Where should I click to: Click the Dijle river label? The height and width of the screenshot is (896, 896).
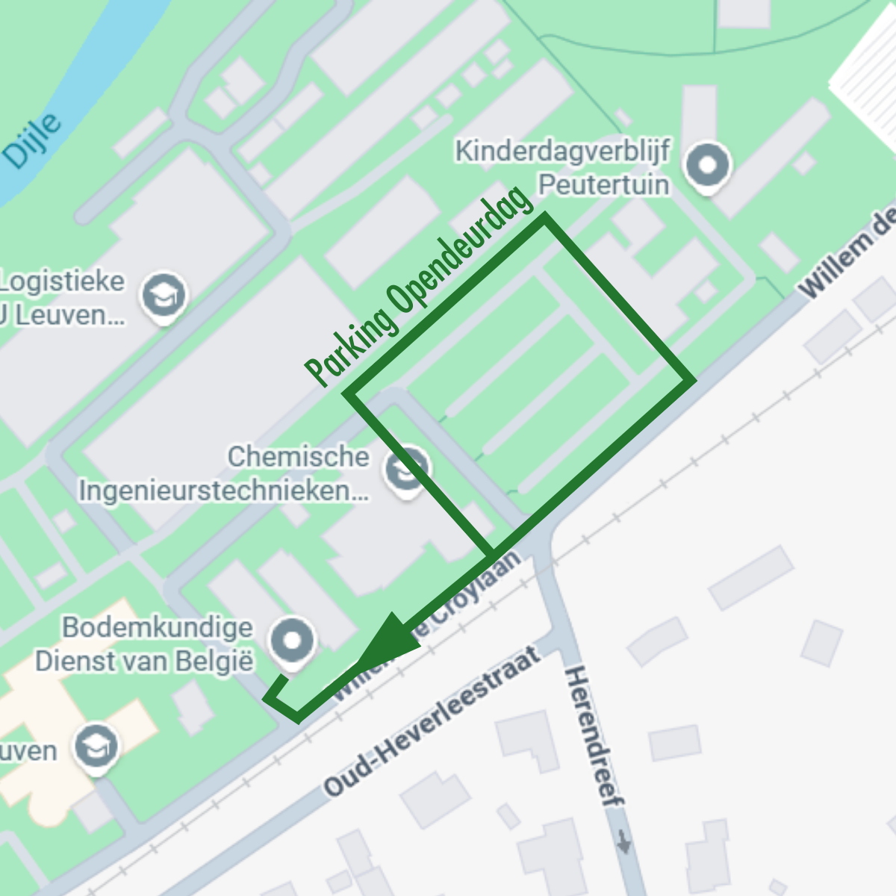pos(31,140)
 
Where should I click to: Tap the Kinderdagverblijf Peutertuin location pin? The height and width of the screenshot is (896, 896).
pos(708,166)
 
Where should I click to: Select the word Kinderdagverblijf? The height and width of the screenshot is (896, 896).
pos(563,151)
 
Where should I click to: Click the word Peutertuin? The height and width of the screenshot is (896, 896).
pos(604,184)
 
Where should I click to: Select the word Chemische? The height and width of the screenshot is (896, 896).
pos(299,456)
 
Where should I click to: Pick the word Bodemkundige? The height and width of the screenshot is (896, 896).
pos(158,627)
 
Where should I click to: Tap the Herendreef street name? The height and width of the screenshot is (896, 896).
pos(594,736)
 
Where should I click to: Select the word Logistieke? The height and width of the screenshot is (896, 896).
pos(63,281)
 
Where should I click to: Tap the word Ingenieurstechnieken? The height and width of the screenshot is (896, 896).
pos(224,491)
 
